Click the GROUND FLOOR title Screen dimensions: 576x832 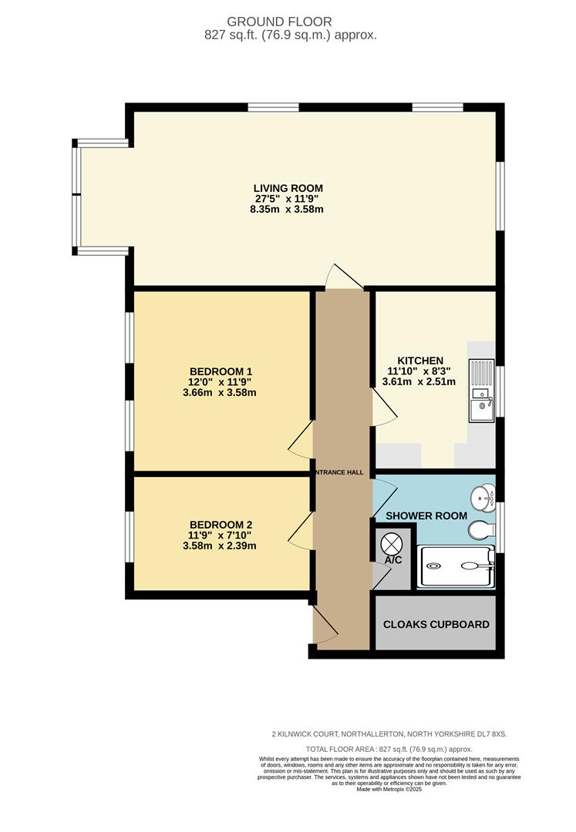pyautogui.click(x=279, y=22)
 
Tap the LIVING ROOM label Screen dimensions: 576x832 pyautogui.click(x=288, y=189)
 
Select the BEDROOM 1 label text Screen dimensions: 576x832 pyautogui.click(x=221, y=371)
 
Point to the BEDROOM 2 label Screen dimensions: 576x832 pyautogui.click(x=221, y=525)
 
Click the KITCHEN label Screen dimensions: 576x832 pyautogui.click(x=420, y=361)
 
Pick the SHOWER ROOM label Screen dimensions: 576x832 pyautogui.click(x=426, y=515)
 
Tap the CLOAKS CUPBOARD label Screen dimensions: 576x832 pyautogui.click(x=436, y=625)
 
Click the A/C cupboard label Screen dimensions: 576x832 pyautogui.click(x=393, y=560)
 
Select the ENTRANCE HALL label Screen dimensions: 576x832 pyautogui.click(x=340, y=472)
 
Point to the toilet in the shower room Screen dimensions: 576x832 pyautogui.click(x=481, y=529)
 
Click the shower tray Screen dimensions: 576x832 pyautogui.click(x=456, y=566)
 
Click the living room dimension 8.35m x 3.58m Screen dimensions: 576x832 pyautogui.click(x=287, y=209)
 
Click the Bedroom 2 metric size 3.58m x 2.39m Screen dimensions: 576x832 pyautogui.click(x=219, y=545)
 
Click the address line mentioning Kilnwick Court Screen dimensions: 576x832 pyautogui.click(x=389, y=734)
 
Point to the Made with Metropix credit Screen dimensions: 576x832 pyautogui.click(x=389, y=789)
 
